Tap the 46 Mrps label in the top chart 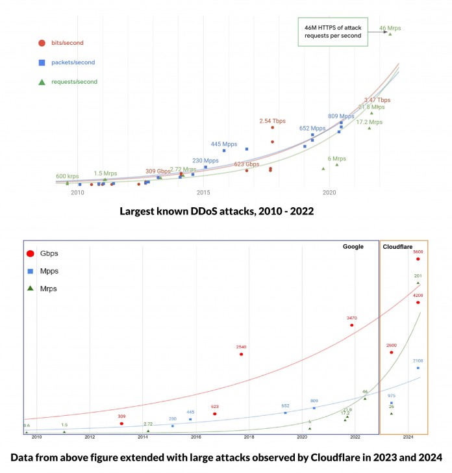coord(391,28)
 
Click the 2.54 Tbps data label coord(272,121)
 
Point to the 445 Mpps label coord(225,144)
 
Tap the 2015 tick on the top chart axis coord(204,193)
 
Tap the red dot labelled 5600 coord(418,259)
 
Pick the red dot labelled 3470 coord(351,325)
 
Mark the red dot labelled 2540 coord(242,354)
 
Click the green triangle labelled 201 coord(418,283)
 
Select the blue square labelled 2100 coord(418,368)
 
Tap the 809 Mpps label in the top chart coord(341,116)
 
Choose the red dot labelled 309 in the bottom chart coord(121,424)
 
